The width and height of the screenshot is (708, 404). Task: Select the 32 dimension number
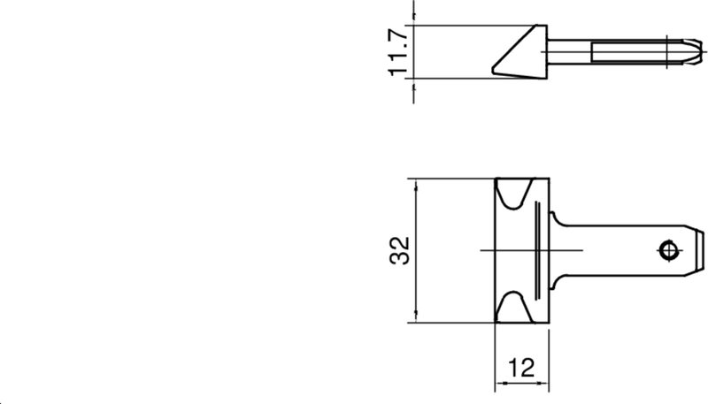click(401, 250)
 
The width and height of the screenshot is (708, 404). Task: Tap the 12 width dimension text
click(522, 368)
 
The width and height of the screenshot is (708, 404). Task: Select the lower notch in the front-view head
click(514, 306)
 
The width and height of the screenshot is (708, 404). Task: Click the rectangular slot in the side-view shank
click(628, 51)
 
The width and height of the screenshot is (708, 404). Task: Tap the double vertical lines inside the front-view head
click(536, 250)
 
